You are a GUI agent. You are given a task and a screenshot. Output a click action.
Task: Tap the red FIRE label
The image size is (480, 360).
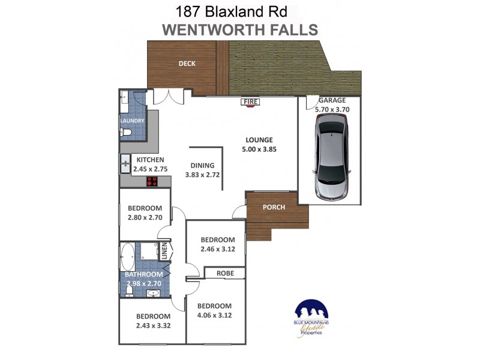tap(250, 103)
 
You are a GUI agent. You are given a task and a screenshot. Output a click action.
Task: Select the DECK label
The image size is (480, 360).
tap(187, 64)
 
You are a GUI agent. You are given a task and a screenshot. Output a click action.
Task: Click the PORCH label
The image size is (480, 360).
tap(274, 208)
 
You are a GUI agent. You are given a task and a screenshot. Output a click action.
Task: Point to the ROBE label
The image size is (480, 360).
tap(224, 274)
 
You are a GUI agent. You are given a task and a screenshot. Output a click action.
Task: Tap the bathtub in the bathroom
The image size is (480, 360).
tap(128, 257)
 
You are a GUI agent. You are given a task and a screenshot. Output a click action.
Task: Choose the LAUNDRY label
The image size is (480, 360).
tap(132, 121)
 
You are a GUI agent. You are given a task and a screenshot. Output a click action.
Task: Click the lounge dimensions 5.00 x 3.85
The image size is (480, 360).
tap(259, 149)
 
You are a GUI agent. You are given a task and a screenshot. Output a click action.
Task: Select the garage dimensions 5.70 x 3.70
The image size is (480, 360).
tap(332, 110)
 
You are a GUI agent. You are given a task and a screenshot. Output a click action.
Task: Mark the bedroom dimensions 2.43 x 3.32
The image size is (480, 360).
tap(152, 326)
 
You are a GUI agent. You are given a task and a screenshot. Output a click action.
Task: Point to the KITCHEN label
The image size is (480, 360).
tap(150, 160)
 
